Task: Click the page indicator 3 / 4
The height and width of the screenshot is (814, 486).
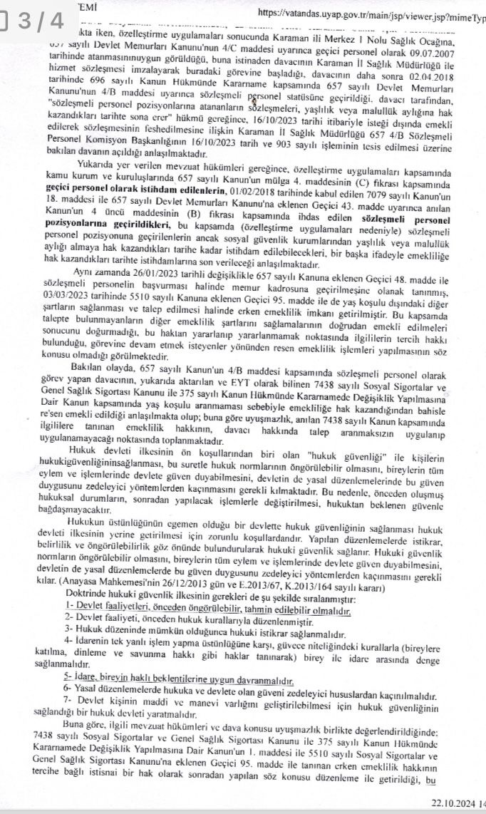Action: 33,21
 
